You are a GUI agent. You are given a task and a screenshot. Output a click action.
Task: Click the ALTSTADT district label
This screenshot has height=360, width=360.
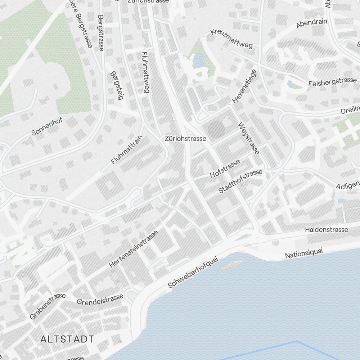tap(67, 339)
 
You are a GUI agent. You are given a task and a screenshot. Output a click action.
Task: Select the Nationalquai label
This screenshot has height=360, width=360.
tap(304, 253)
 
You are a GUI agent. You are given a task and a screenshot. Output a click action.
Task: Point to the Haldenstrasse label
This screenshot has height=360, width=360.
tap(327, 229)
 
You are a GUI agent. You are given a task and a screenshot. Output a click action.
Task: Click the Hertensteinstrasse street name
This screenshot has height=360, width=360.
tap(134, 249)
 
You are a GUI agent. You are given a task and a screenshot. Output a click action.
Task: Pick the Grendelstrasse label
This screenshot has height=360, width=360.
tap(100, 299)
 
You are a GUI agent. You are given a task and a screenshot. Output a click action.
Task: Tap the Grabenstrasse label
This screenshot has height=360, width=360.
tap(48, 306)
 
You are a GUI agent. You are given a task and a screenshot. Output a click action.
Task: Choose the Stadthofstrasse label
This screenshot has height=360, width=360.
tap(240, 182)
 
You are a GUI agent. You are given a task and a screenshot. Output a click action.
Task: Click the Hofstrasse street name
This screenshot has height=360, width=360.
tap(225, 168)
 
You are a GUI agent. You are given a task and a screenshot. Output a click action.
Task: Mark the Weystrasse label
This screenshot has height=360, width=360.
tap(248, 138)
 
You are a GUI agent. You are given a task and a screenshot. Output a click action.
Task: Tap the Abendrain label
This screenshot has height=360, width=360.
tap(312, 23)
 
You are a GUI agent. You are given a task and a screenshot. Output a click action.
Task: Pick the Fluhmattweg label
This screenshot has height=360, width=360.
tap(145, 72)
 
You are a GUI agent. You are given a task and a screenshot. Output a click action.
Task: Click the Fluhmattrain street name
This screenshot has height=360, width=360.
tap(127, 150)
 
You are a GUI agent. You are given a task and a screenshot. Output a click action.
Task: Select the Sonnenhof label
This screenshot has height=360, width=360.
tap(47, 126)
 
